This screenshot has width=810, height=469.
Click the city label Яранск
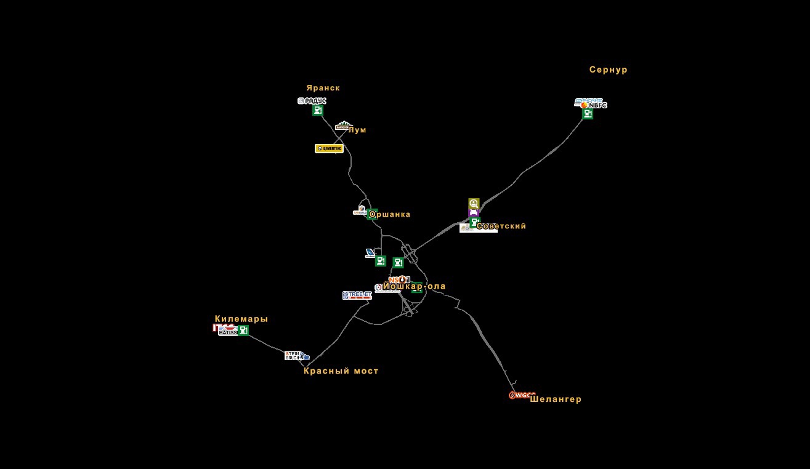point(323,88)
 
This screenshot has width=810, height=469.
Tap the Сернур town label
point(608,70)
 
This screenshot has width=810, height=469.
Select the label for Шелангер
point(555,399)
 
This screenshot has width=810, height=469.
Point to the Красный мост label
point(341,371)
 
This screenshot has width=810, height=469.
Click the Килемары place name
point(241,319)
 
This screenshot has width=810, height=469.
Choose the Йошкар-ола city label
point(415,286)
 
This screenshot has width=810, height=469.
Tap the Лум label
point(357,130)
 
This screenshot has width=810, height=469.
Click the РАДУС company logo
point(312,101)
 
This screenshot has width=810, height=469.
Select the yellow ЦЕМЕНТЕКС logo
point(329,148)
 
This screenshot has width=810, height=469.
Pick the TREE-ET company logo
point(357,295)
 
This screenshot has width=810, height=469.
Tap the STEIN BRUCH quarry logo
point(293,356)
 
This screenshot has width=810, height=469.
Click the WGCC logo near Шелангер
point(521,395)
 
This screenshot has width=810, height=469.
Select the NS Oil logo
point(399,279)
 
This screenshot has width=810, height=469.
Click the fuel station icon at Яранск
point(317,111)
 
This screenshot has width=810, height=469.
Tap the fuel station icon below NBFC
point(588,114)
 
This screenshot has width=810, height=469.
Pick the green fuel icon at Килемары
point(243,331)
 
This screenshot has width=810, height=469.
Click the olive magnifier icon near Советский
point(473,203)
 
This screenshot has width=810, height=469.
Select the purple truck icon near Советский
point(473,212)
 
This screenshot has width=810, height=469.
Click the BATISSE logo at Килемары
point(227,332)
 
